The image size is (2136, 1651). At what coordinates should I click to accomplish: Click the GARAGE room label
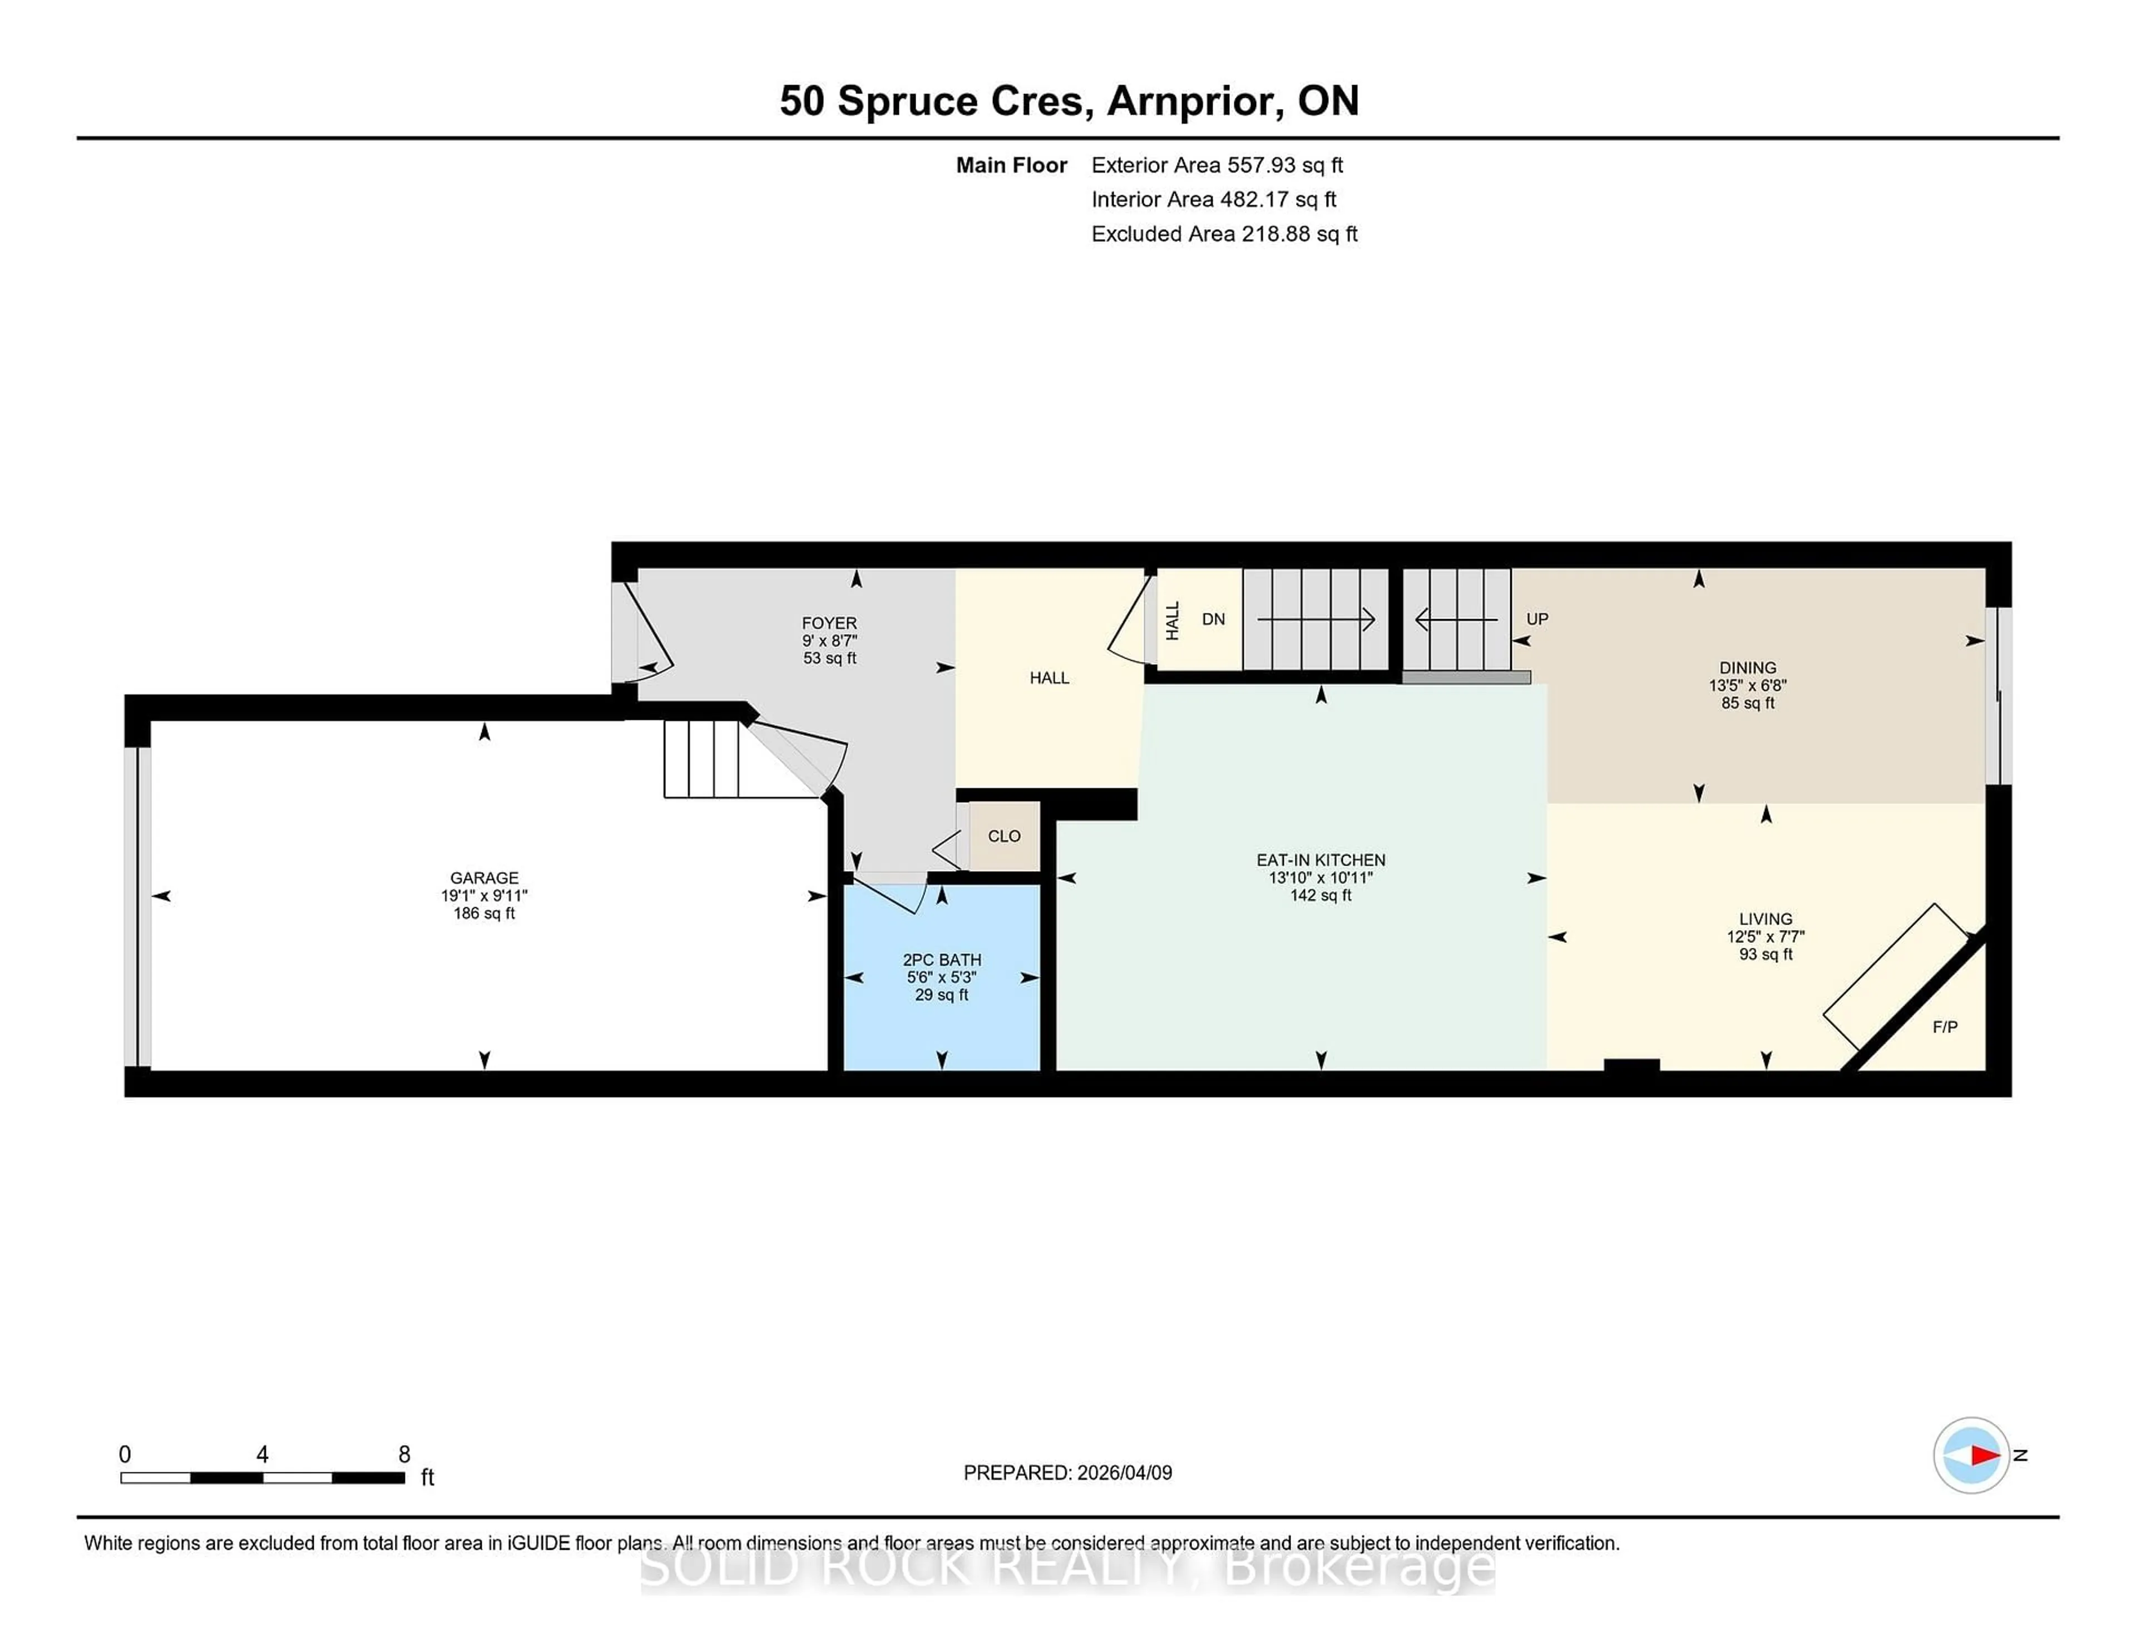click(x=484, y=877)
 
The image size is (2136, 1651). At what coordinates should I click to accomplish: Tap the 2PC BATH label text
click(x=942, y=960)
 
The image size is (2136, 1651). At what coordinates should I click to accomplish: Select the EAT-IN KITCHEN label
click(x=1321, y=860)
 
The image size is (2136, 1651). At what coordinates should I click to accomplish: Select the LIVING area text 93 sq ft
click(x=1766, y=953)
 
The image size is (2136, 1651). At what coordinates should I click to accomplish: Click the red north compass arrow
click(x=1984, y=1455)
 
